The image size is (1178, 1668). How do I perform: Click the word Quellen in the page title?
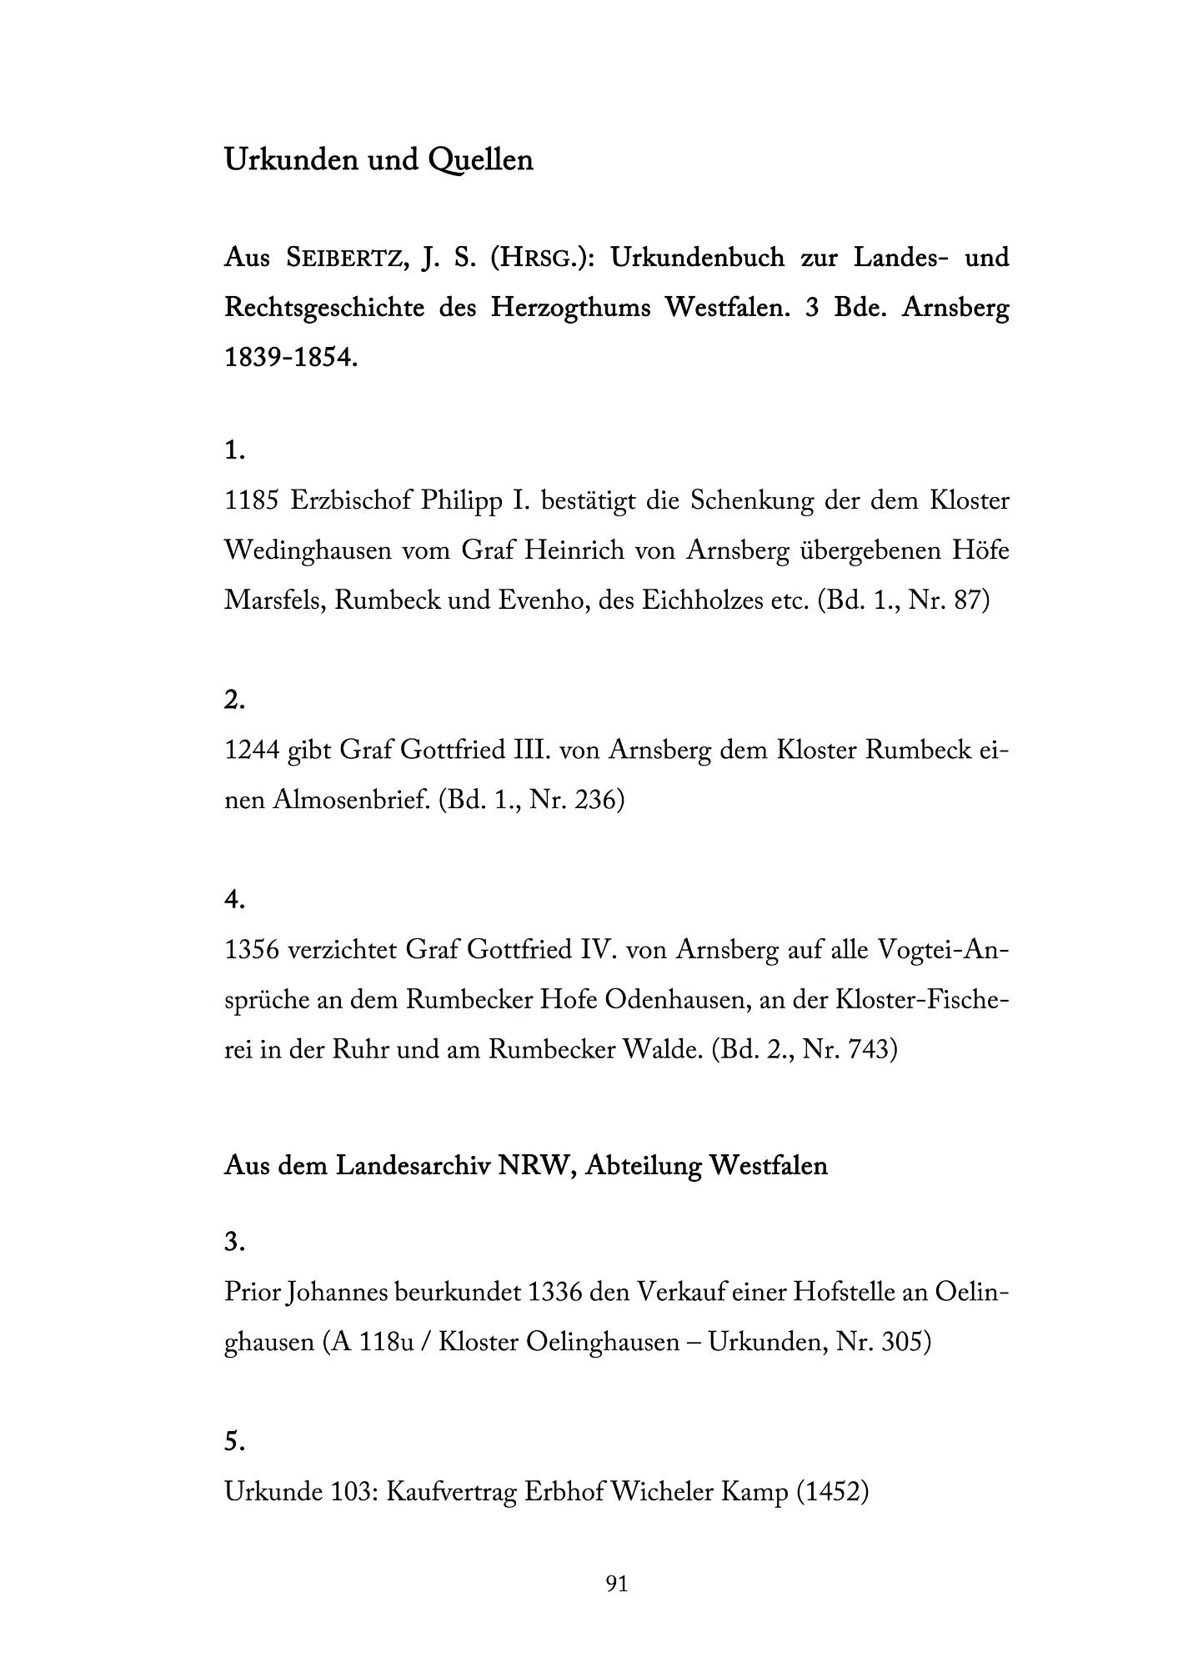click(480, 159)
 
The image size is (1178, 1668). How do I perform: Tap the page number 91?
click(617, 1583)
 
